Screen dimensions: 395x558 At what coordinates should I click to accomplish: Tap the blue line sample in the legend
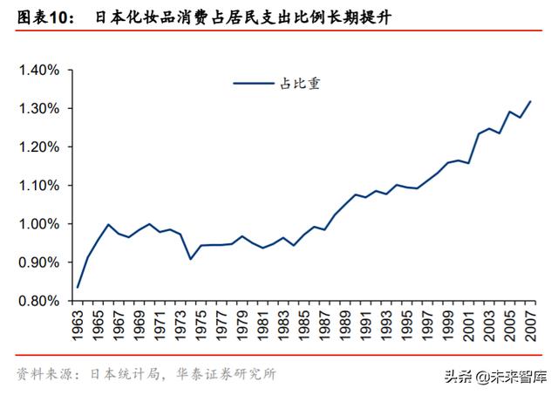(253, 84)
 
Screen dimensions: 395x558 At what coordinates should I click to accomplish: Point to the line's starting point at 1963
(78, 287)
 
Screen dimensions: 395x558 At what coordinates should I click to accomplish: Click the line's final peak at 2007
(531, 101)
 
